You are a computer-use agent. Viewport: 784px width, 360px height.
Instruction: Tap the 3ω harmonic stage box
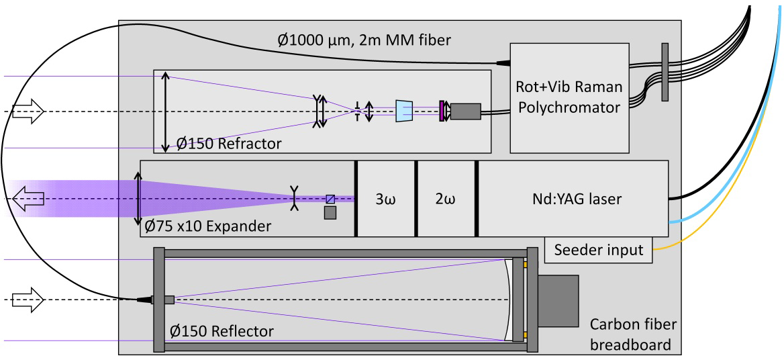[385, 199]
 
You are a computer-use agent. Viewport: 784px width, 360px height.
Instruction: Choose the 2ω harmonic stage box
[446, 199]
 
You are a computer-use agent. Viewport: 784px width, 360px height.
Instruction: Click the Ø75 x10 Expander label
[207, 226]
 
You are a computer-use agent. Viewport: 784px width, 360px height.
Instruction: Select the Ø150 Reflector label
[223, 331]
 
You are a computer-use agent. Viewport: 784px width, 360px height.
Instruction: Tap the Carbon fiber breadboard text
[634, 335]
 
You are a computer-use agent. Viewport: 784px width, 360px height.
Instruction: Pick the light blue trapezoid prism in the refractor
[405, 111]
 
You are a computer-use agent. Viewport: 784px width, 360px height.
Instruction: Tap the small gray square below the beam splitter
[330, 213]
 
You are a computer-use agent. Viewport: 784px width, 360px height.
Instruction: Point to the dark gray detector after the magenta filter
[464, 111]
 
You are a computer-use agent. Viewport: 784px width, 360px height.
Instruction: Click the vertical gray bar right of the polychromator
[665, 72]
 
